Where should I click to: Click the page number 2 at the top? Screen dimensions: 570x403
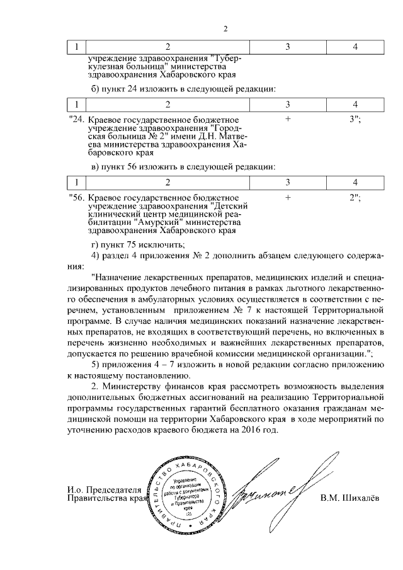(x=225, y=28)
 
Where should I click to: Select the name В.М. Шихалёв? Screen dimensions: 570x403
(x=349, y=499)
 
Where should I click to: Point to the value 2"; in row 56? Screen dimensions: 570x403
(x=355, y=197)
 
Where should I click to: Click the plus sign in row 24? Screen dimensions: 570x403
(x=287, y=118)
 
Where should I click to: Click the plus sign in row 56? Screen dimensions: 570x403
(x=287, y=197)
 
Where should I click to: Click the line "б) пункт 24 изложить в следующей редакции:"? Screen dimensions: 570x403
(x=183, y=88)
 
